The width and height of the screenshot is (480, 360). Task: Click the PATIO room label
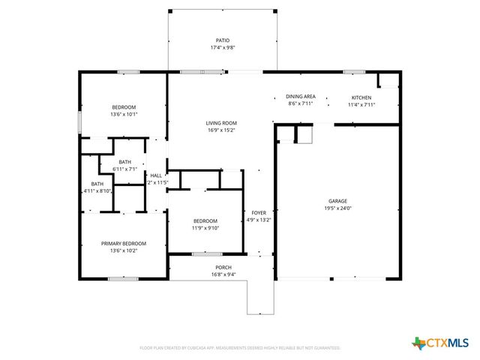point(223,40)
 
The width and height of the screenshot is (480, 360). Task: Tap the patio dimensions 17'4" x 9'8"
point(223,47)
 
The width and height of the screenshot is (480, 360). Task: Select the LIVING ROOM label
point(221,123)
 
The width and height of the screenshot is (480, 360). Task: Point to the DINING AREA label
point(300,97)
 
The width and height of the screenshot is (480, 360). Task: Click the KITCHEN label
point(361,97)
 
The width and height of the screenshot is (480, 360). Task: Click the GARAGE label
point(338,201)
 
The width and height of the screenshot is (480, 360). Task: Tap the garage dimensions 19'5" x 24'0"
point(338,208)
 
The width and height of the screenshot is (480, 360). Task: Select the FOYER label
point(259,213)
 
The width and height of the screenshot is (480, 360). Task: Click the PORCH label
point(223,268)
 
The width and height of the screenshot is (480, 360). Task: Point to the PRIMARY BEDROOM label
point(124,243)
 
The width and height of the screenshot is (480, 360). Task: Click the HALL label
point(156,175)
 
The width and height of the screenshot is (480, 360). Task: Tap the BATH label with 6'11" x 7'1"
point(124,162)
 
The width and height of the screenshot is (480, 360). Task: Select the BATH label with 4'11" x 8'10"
point(97,184)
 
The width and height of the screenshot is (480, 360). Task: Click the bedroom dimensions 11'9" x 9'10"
point(205,227)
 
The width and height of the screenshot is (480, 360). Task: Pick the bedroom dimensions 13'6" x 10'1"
point(124,115)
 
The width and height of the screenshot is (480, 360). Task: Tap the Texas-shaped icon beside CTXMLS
point(418,343)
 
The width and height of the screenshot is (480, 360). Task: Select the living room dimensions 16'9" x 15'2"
point(221,130)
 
